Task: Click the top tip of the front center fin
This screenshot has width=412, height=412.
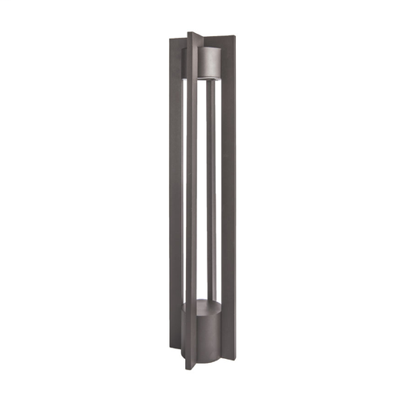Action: coord(190,35)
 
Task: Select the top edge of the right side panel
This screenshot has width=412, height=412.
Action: coord(238,44)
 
